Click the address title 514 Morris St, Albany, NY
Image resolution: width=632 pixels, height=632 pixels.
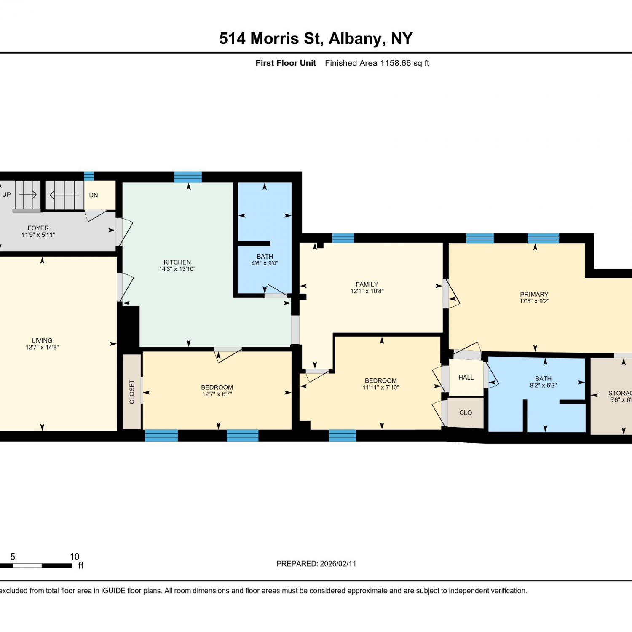coord(316,39)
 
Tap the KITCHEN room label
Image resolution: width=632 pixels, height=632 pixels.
coord(177,262)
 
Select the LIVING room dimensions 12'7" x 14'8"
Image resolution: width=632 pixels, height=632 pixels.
coord(42,348)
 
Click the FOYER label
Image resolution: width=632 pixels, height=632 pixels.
coord(38,228)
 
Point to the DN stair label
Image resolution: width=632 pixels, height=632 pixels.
coord(94,195)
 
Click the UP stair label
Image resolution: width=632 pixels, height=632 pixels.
coord(6,195)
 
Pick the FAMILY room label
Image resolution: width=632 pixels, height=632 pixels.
coord(367,284)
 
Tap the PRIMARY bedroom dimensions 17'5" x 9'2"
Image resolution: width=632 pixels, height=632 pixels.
coord(534,301)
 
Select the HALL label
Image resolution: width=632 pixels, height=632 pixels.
coord(466,378)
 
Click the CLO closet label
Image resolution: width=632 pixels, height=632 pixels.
coord(466,413)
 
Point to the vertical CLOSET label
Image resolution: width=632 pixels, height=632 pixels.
coord(132,392)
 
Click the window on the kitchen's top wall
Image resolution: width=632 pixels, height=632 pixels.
coord(188,177)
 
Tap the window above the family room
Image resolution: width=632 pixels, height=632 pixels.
coord(343,238)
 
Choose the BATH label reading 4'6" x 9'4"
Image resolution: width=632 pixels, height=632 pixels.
coord(265,260)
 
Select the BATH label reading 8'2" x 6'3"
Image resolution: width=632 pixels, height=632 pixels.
coord(544,382)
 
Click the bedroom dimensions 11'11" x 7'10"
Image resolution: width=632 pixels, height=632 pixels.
coord(381,388)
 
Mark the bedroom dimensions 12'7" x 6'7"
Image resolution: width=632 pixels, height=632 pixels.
coord(217,394)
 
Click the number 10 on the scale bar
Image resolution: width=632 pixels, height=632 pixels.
coord(75,557)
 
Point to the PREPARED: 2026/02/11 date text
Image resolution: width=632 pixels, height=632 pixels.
coord(316,564)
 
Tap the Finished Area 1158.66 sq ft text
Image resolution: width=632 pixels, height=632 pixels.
coord(377,63)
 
